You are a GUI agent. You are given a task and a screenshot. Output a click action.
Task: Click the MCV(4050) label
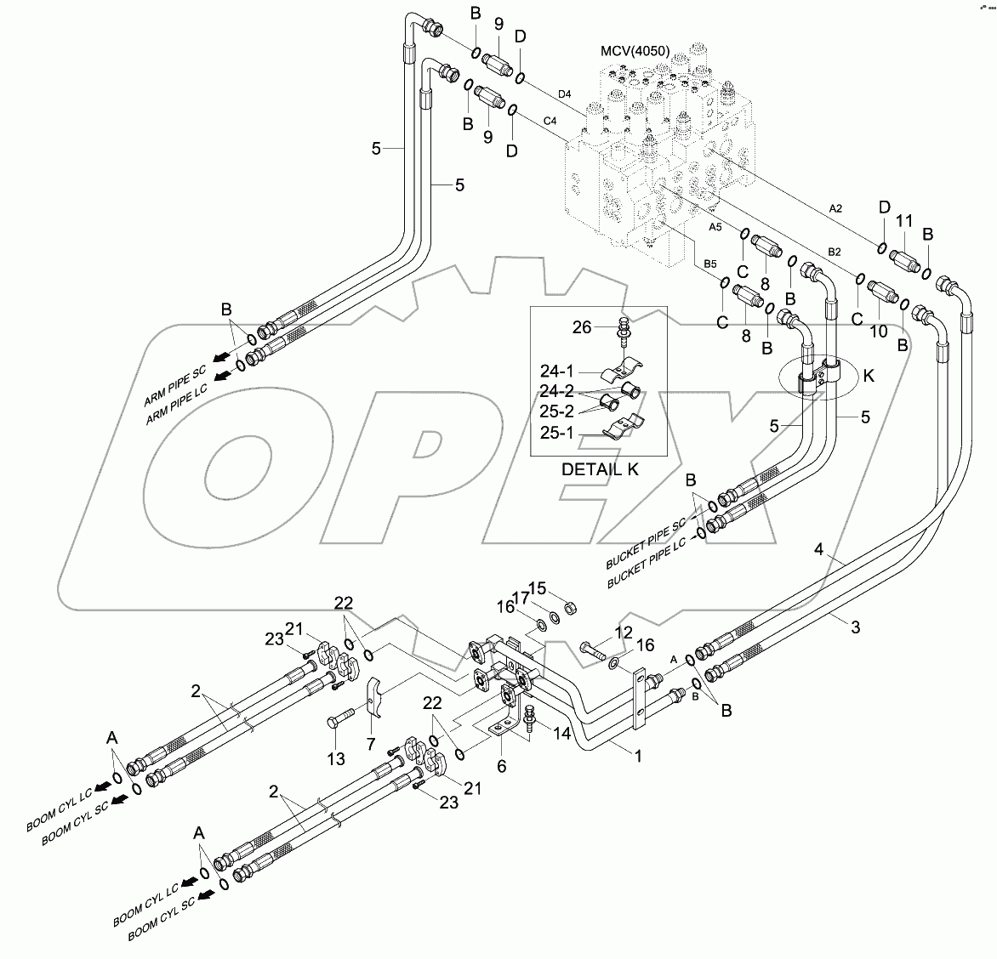(x=635, y=50)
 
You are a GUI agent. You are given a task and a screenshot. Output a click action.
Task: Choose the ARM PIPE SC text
(x=175, y=384)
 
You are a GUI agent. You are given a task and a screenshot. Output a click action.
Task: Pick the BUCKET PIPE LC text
(x=646, y=568)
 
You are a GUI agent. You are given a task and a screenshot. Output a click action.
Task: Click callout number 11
(x=904, y=220)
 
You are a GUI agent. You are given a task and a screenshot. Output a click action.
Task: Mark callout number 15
(x=538, y=588)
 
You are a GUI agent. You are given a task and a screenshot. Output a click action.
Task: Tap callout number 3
(x=856, y=627)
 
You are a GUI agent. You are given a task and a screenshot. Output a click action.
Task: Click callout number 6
(x=501, y=765)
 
